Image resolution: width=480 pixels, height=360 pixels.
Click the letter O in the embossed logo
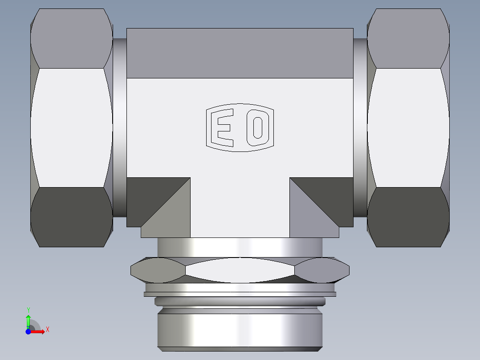[258, 127]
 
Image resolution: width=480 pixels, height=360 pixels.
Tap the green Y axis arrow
[28, 319]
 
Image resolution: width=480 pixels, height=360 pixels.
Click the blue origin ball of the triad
[28, 331]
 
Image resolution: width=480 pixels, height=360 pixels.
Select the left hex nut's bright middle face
[71, 127]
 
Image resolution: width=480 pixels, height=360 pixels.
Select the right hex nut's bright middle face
[408, 127]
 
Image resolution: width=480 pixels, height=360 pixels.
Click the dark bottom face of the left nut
[71, 217]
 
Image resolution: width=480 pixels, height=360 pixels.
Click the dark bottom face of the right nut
[408, 217]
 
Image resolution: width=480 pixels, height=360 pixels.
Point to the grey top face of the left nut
[71, 38]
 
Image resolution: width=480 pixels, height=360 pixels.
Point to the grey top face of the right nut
[408, 38]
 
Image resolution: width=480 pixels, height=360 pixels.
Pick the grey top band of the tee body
[240, 53]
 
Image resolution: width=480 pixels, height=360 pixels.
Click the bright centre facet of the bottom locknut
[240, 270]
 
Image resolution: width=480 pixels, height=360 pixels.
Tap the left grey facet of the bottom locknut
[158, 270]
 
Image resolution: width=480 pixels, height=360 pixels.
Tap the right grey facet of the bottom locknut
[321, 270]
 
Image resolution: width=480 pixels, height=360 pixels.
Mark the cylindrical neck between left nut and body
[119, 127]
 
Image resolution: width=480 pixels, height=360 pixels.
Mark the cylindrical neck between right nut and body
[360, 127]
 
